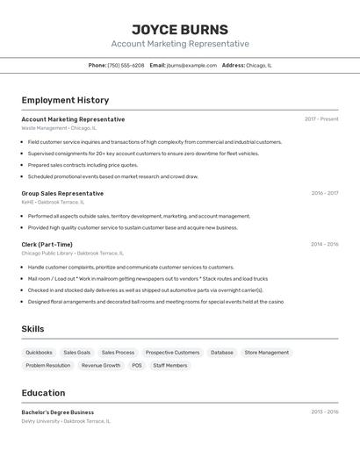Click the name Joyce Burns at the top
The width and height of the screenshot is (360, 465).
tap(180, 29)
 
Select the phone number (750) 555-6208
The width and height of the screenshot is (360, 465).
tap(126, 65)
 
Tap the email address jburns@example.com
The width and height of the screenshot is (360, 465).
tap(191, 65)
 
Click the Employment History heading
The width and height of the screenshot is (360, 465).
tap(65, 100)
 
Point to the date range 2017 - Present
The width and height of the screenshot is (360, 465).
tap(321, 119)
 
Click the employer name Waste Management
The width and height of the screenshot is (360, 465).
tap(44, 128)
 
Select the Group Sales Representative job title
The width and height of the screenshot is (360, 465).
tap(62, 193)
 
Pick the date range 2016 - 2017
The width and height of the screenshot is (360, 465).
tap(324, 193)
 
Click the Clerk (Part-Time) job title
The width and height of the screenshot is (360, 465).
tap(47, 244)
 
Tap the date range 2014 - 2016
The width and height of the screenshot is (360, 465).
tap(324, 244)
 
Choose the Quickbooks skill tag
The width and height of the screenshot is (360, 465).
tap(39, 353)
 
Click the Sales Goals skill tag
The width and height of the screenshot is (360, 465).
tap(77, 353)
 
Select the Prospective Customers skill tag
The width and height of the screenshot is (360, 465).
tap(172, 353)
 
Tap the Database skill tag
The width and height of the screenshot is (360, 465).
tap(222, 353)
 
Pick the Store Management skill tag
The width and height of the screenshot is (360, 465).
tap(266, 353)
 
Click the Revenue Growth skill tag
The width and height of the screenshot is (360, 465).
tap(101, 366)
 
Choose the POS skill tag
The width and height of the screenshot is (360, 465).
tap(137, 366)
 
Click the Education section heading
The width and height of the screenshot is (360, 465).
tap(43, 393)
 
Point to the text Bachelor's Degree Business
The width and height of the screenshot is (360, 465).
tap(58, 412)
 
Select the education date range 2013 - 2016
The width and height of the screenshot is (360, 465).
tap(324, 411)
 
